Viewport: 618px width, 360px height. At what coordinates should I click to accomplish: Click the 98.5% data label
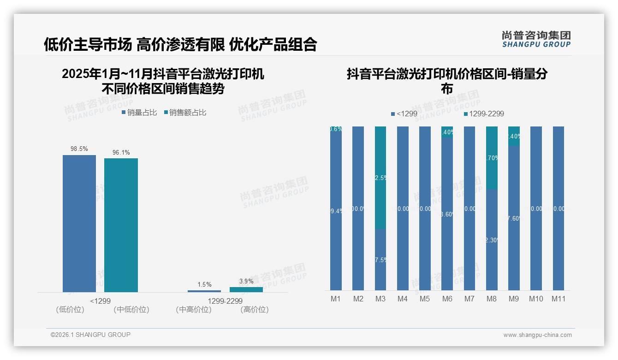tap(79, 149)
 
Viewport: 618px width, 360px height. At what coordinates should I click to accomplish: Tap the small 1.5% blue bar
tap(204, 291)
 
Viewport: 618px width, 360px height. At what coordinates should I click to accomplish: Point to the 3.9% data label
tap(246, 281)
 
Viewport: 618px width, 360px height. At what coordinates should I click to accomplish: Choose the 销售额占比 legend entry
tap(185, 112)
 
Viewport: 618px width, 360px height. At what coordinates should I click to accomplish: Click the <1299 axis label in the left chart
tap(100, 301)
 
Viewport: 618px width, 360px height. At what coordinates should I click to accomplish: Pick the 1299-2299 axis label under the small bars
tap(225, 301)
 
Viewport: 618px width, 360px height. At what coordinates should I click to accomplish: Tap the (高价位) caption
tap(254, 310)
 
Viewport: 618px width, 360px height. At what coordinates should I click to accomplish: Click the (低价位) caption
tap(70, 310)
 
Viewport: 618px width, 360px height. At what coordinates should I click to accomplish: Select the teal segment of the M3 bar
tap(380, 178)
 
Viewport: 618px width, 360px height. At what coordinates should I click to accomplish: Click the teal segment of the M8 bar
tap(492, 157)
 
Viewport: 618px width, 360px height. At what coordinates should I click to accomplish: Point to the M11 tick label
tap(559, 299)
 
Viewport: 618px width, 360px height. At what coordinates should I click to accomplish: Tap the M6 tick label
tap(447, 299)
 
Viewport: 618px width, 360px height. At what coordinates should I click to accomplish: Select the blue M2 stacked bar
tap(358, 208)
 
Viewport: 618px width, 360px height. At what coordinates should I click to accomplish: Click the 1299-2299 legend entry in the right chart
tap(484, 114)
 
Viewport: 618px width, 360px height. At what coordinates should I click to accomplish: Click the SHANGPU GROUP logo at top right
tap(536, 39)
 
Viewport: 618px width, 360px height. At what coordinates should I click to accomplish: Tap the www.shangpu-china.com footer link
tap(537, 335)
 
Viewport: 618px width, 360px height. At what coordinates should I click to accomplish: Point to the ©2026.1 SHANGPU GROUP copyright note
tap(90, 335)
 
